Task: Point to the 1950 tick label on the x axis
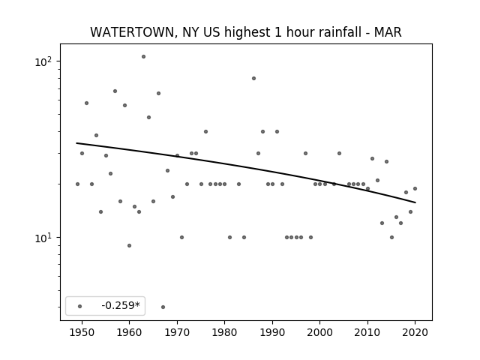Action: pyautogui.click(x=82, y=332)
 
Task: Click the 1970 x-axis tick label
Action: pyautogui.click(x=177, y=332)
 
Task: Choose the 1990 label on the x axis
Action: pyautogui.click(x=272, y=332)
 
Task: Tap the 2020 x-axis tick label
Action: pyautogui.click(x=415, y=332)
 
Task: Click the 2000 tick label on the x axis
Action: pyautogui.click(x=320, y=332)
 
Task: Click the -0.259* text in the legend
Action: pyautogui.click(x=121, y=305)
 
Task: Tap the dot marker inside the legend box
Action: pyautogui.click(x=79, y=306)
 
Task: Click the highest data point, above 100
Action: pyautogui.click(x=143, y=57)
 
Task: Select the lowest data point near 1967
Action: pyautogui.click(x=163, y=307)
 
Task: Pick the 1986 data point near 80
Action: pyautogui.click(x=253, y=78)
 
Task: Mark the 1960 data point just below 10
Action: pyautogui.click(x=129, y=245)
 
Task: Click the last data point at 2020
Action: pyautogui.click(x=415, y=188)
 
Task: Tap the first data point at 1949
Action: pyautogui.click(x=77, y=184)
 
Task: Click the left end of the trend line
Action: pyautogui.click(x=76, y=143)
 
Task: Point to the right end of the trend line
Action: pyautogui.click(x=415, y=202)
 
